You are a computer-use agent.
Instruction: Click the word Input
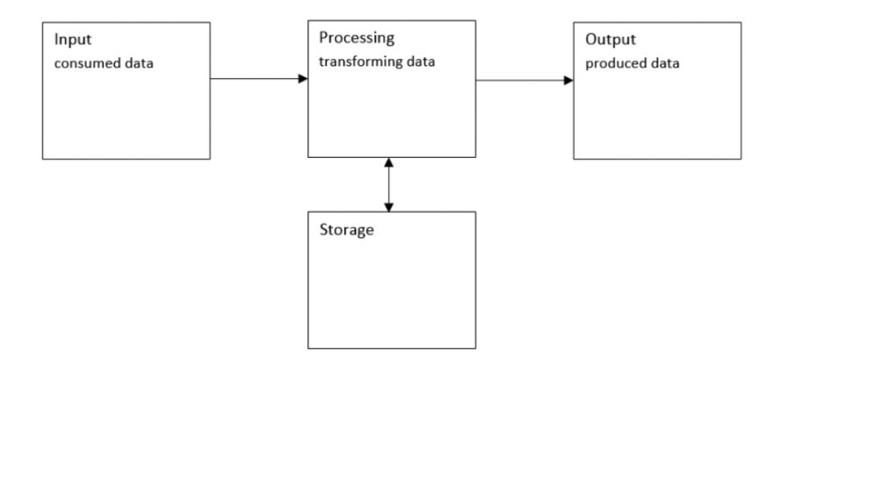click(x=72, y=41)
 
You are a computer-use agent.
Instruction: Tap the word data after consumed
click(x=138, y=64)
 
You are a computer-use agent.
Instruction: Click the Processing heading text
click(x=356, y=38)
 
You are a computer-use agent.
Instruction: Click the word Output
click(x=610, y=40)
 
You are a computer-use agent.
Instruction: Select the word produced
click(x=615, y=64)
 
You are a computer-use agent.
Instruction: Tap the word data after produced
click(x=664, y=64)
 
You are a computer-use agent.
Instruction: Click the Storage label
click(x=346, y=230)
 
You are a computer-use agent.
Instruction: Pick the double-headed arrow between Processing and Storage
click(x=389, y=184)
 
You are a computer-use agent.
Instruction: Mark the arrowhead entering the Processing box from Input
click(x=302, y=78)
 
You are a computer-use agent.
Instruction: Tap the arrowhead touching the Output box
click(x=568, y=80)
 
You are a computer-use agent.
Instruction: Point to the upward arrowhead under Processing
click(x=389, y=162)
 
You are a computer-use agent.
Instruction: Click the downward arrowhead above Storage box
click(x=389, y=207)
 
